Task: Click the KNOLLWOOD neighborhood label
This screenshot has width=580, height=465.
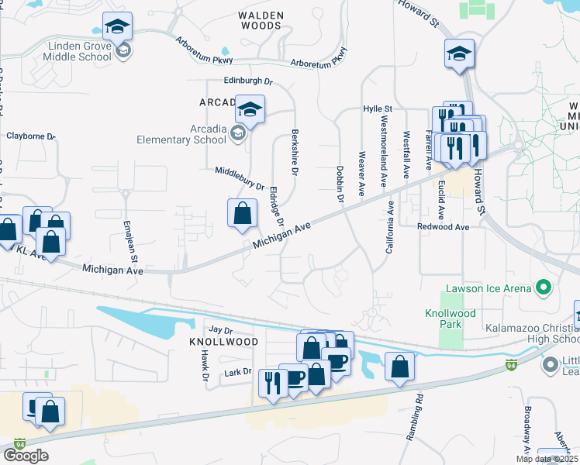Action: pyautogui.click(x=223, y=341)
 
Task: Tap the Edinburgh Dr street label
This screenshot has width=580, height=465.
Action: pyautogui.click(x=249, y=80)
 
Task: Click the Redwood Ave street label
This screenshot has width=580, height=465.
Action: pyautogui.click(x=444, y=227)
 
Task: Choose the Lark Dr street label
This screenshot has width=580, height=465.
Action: pyautogui.click(x=237, y=372)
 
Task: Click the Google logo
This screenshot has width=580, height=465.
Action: pyautogui.click(x=26, y=455)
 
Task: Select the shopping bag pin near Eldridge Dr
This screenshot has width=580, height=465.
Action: pyautogui.click(x=243, y=214)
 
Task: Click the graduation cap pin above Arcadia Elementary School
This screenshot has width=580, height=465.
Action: pyautogui.click(x=250, y=110)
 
